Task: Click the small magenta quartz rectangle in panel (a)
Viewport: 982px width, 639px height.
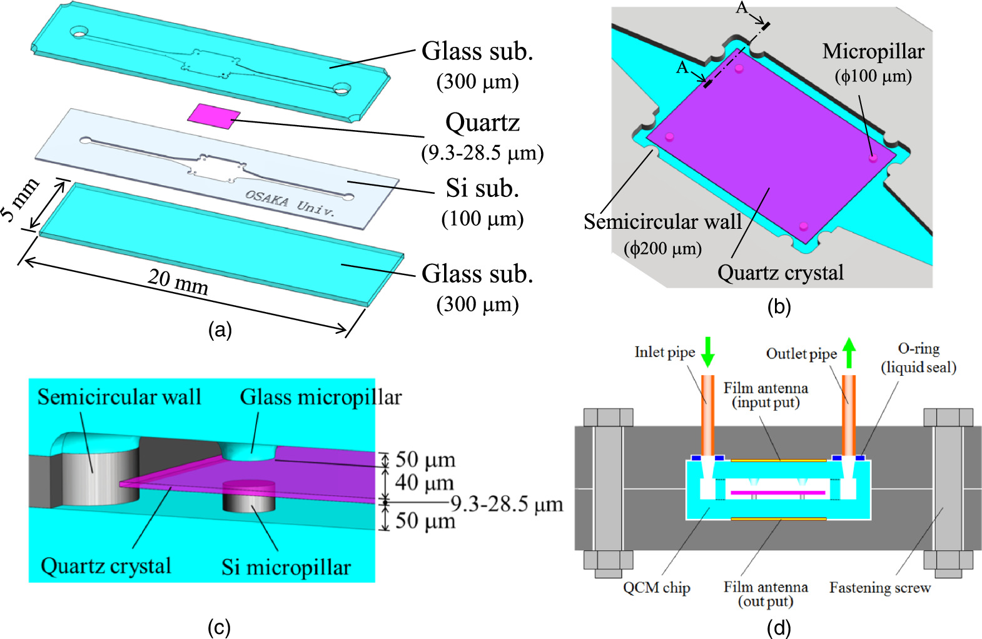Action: click(214, 115)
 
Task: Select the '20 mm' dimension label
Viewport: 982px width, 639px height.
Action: click(178, 282)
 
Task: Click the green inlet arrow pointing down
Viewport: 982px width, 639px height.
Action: click(707, 352)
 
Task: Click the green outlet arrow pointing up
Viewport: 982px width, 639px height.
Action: click(849, 353)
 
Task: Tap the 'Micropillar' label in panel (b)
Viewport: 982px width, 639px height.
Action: click(873, 52)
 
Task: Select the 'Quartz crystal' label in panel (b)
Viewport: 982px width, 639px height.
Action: click(780, 273)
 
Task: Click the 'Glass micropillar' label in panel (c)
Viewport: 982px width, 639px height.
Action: click(320, 397)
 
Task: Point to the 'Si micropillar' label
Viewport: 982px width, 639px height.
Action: click(286, 567)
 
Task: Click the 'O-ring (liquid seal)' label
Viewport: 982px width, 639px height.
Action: click(918, 358)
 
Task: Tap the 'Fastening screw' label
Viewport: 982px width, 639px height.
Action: click(879, 588)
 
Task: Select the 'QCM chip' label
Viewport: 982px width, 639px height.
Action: click(656, 588)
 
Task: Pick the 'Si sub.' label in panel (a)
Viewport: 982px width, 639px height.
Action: click(482, 188)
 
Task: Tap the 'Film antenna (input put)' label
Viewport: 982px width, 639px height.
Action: click(766, 395)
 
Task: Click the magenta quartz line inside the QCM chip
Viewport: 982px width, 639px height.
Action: click(777, 493)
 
